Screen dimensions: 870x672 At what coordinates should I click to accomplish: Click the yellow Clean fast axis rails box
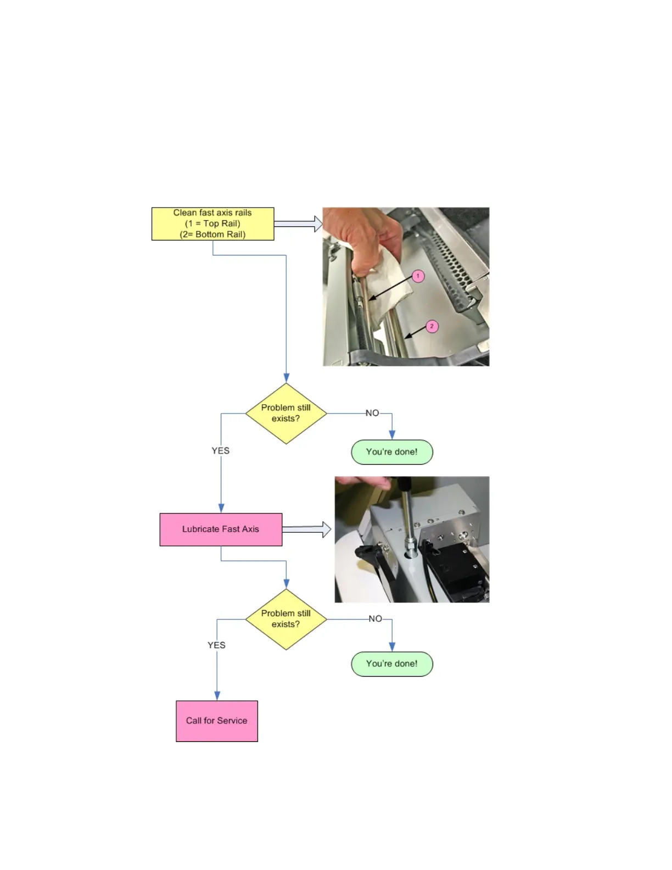(212, 224)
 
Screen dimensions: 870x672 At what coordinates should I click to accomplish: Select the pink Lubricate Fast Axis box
(221, 529)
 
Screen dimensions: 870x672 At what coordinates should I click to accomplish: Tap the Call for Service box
(217, 721)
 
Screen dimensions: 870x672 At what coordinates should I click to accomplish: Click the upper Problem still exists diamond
(286, 413)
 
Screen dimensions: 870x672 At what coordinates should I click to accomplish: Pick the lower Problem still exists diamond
(286, 619)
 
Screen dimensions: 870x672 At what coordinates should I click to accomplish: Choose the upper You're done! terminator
(392, 452)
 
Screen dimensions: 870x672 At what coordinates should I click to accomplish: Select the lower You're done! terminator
(392, 664)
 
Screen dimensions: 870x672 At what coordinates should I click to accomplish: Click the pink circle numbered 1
(418, 276)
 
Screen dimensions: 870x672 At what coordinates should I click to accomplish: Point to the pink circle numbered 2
(432, 326)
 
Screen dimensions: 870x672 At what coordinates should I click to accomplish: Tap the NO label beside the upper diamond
(372, 413)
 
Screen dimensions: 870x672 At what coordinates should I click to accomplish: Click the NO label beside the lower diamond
(376, 619)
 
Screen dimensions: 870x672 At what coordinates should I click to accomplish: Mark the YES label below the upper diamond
(221, 451)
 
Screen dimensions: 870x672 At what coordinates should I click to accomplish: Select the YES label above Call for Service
(216, 645)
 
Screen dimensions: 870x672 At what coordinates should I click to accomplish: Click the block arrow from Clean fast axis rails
(298, 224)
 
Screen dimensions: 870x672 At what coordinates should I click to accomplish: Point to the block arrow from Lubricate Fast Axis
(306, 529)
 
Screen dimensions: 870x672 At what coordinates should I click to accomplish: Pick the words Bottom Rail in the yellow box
(220, 235)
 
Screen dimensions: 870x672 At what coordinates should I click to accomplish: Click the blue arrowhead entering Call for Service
(217, 696)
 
